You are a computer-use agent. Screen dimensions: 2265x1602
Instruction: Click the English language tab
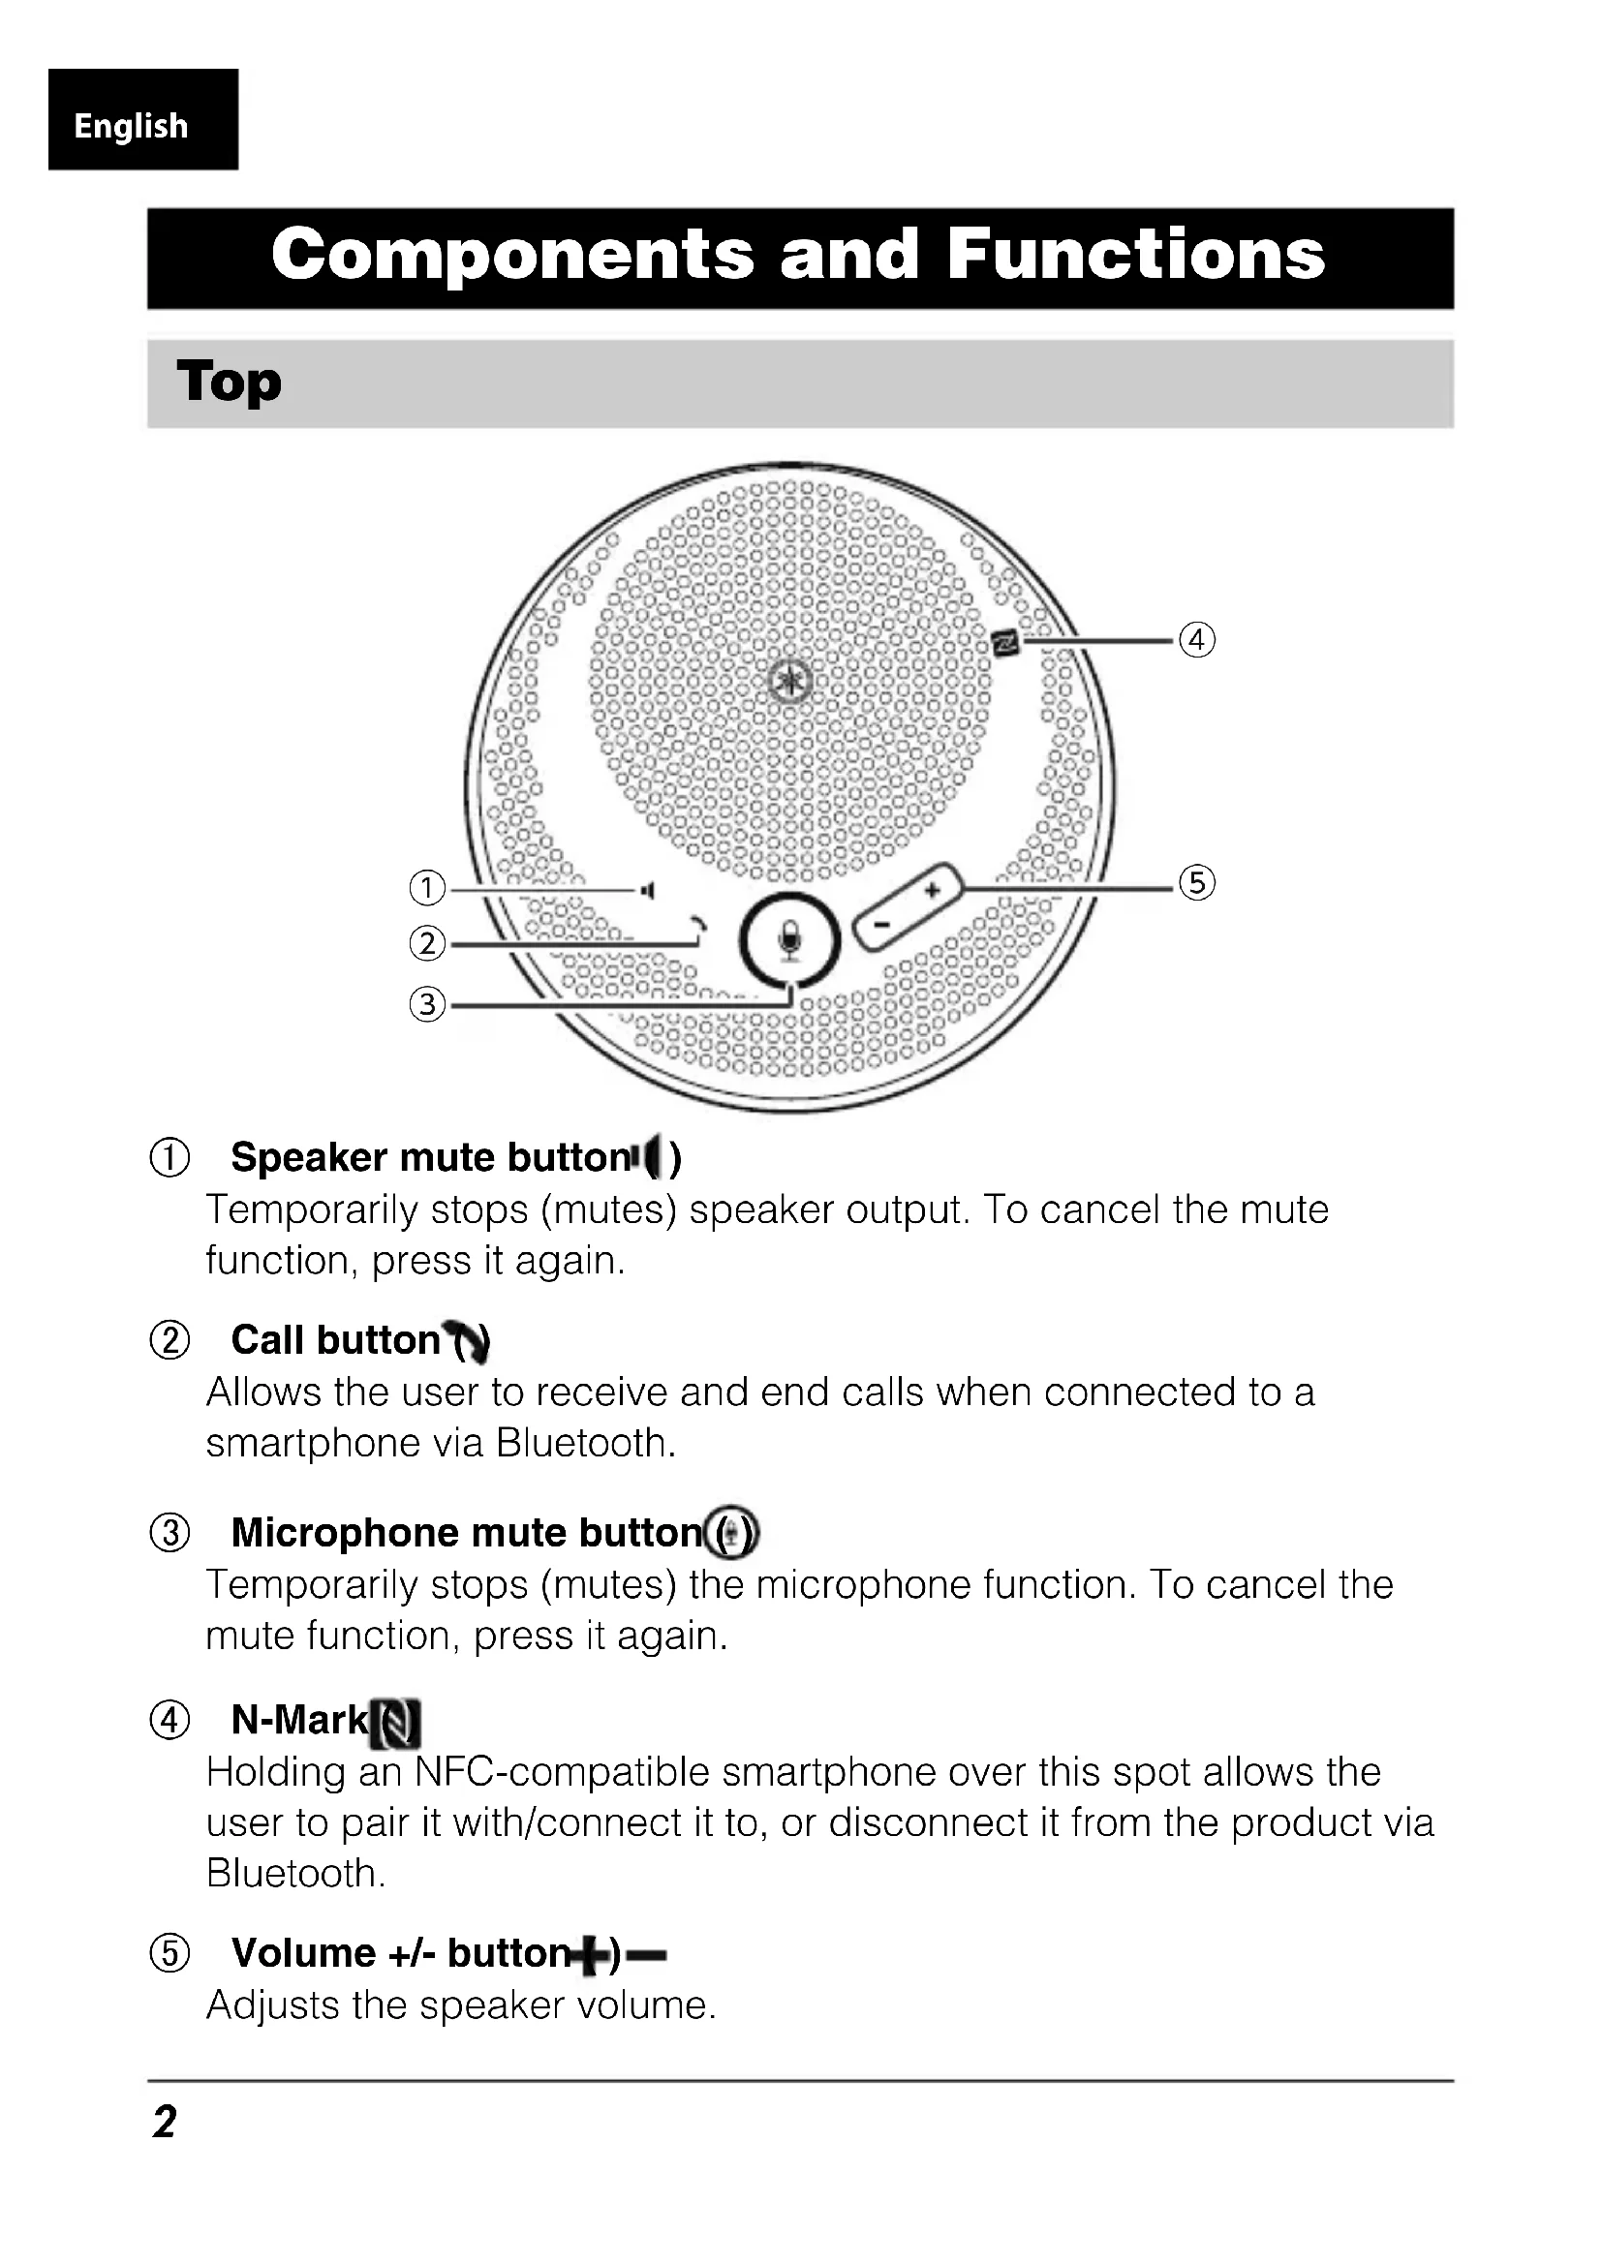131,125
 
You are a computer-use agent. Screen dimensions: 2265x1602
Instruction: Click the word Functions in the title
1135,255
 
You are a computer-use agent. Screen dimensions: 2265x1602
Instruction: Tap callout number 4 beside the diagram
1196,639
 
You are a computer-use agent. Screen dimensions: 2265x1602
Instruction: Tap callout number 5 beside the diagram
1196,882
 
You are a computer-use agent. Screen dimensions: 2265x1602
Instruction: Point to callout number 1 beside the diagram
426,888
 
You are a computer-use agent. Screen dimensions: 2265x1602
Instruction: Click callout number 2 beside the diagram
426,944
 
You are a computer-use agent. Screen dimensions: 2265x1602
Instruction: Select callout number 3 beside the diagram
426,1004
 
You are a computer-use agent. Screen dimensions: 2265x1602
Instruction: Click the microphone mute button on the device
789,940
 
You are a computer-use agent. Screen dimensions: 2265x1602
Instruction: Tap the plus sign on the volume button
931,891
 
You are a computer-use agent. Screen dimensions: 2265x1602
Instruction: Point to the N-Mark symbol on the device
1005,643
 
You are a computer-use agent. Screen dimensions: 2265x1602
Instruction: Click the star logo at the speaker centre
790,681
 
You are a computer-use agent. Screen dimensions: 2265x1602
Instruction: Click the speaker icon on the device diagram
647,891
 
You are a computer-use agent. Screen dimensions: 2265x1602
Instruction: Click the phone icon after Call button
468,1340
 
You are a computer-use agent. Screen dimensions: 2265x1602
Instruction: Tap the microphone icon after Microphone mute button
732,1533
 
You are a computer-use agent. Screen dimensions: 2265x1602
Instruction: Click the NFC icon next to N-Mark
395,1723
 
